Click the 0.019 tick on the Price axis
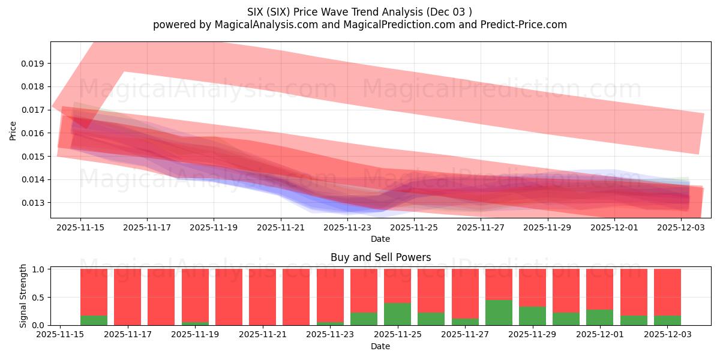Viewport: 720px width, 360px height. (x=34, y=64)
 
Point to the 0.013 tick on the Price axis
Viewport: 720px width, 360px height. (x=34, y=203)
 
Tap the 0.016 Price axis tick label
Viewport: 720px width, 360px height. (x=34, y=133)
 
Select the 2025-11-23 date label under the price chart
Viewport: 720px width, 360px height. (x=347, y=228)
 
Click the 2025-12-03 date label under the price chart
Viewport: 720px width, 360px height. (x=682, y=228)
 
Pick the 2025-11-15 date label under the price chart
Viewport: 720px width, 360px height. (x=80, y=228)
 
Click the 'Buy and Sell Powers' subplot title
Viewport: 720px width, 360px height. (x=380, y=258)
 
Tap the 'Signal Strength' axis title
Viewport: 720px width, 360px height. (x=23, y=296)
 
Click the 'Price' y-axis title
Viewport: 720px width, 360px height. (x=13, y=130)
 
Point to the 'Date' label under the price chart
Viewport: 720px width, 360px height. (x=380, y=239)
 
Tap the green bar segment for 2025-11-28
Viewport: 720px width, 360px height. (x=499, y=313)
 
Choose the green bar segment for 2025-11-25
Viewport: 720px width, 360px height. (x=397, y=314)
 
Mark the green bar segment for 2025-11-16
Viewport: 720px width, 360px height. (x=94, y=320)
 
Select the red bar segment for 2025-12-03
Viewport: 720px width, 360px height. (x=667, y=292)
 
